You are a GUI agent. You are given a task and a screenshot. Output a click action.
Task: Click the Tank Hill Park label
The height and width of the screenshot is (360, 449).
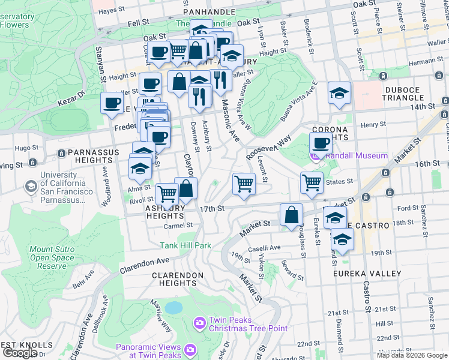[x=185, y=245]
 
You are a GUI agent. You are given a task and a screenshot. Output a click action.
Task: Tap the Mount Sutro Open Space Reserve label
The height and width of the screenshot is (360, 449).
[x=48, y=257]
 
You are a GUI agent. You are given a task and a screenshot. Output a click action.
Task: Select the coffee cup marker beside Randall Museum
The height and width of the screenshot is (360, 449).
[x=321, y=144]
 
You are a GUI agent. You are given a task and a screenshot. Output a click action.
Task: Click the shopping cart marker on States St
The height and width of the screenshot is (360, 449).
[x=312, y=182]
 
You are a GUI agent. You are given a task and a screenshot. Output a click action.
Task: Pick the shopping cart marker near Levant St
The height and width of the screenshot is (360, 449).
[x=244, y=184]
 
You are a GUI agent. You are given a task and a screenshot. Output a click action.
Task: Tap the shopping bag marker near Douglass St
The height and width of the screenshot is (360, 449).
[x=291, y=215]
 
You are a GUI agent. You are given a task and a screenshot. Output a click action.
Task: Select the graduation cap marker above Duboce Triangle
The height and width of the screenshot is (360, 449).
[x=339, y=94]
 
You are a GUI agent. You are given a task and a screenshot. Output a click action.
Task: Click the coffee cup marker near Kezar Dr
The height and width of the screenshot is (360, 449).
[x=112, y=103]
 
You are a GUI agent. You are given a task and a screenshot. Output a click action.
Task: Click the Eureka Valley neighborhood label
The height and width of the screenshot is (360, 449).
[x=367, y=274]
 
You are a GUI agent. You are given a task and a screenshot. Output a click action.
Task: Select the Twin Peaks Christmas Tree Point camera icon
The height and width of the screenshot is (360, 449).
[x=199, y=323]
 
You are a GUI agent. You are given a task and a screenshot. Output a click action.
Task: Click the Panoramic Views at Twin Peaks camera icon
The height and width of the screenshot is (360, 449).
[x=190, y=349]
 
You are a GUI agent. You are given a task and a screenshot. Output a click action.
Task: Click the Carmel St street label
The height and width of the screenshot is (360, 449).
[x=178, y=226]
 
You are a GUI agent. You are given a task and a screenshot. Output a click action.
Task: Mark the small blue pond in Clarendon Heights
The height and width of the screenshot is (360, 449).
[x=173, y=308]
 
